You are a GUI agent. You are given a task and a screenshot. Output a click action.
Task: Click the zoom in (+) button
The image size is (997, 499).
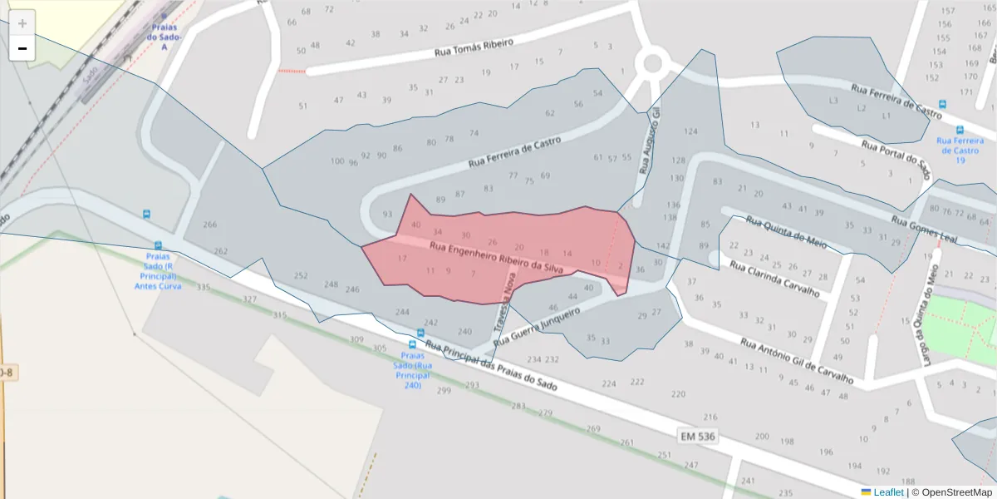click(x=22, y=23)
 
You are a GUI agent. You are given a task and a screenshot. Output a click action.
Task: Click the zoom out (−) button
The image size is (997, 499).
click(x=22, y=48)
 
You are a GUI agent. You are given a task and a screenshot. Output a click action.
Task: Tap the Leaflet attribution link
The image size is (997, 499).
click(x=886, y=492)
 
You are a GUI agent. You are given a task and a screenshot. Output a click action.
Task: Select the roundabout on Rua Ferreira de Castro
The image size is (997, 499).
click(x=653, y=62)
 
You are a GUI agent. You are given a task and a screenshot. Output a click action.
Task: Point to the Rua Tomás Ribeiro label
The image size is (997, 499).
click(x=474, y=47)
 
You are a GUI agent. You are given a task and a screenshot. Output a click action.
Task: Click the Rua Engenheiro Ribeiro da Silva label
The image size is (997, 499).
click(x=497, y=257)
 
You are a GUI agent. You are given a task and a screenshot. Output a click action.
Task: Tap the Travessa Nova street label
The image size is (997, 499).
click(x=502, y=303)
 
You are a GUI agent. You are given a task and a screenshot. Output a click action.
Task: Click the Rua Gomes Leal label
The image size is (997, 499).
click(x=925, y=230)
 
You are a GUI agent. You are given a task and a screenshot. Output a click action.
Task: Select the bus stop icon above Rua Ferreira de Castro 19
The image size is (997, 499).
click(x=960, y=130)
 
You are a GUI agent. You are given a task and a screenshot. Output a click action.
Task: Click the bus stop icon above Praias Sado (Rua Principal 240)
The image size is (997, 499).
click(x=413, y=344)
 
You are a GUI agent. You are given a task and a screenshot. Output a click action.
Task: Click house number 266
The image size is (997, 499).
click(x=210, y=225)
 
